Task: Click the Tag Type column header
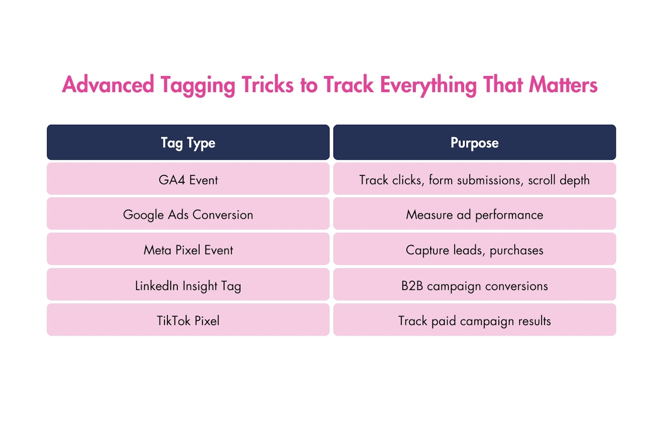pyautogui.click(x=188, y=142)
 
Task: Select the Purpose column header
pyautogui.click(x=474, y=142)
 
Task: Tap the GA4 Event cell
pyautogui.click(x=188, y=179)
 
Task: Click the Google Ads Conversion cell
pyautogui.click(x=188, y=214)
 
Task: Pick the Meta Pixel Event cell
pyautogui.click(x=188, y=249)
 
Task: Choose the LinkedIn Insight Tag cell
pyautogui.click(x=188, y=285)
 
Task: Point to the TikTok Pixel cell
pyautogui.click(x=188, y=320)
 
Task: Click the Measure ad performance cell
pyautogui.click(x=474, y=214)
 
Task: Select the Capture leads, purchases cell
pyautogui.click(x=474, y=249)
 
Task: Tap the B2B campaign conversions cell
pyautogui.click(x=474, y=285)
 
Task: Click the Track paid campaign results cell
pyautogui.click(x=474, y=320)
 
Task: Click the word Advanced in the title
pyautogui.click(x=108, y=85)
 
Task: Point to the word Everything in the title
pyautogui.click(x=428, y=85)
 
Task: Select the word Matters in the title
pyautogui.click(x=563, y=85)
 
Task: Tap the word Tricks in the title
pyautogui.click(x=267, y=85)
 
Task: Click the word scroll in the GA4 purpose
pyautogui.click(x=542, y=180)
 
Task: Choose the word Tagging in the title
pyautogui.click(x=198, y=85)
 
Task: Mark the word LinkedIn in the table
pyautogui.click(x=157, y=285)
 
